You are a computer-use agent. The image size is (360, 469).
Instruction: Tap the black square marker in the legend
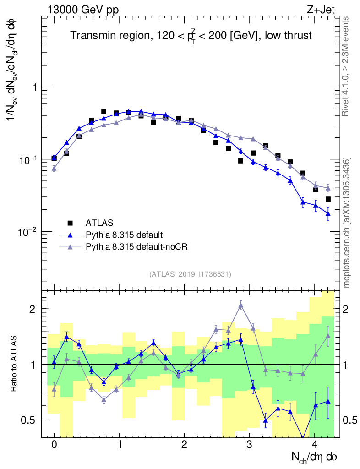point(70,223)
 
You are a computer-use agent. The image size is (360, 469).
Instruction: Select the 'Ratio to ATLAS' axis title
point(14,365)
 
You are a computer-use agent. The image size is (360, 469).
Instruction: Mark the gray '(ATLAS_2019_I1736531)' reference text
point(190,274)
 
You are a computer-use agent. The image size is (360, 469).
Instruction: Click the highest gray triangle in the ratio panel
point(241,305)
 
